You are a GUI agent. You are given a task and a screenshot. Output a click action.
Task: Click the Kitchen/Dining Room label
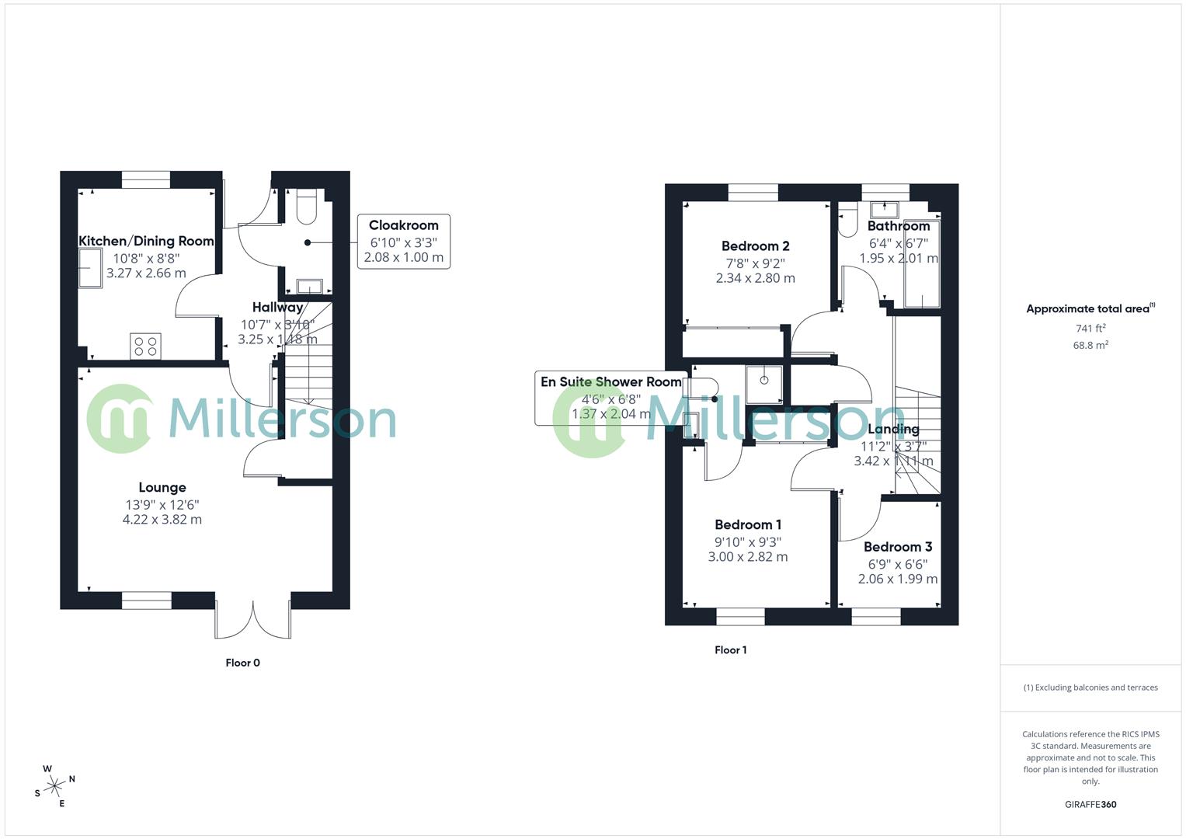point(146,241)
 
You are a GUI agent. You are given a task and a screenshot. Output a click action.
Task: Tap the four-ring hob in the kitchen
point(145,346)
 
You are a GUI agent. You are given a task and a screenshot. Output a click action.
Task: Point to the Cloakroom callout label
point(403,225)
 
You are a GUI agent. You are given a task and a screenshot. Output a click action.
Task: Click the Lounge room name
point(162,488)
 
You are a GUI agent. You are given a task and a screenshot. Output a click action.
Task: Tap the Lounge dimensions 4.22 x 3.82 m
point(162,520)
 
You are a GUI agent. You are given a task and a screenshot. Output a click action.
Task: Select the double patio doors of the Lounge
point(252,618)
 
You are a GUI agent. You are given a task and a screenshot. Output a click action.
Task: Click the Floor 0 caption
point(242,663)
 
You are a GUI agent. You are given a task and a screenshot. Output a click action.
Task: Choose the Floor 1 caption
point(730,650)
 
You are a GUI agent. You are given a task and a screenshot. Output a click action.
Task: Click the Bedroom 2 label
point(755,246)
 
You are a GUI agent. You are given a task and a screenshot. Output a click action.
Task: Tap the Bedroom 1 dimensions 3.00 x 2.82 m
point(748,557)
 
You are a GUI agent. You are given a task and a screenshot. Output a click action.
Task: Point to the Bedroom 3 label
point(897,547)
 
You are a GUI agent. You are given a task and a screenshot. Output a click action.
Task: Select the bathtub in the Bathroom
point(922,264)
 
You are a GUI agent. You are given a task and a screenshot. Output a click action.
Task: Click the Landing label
point(893,429)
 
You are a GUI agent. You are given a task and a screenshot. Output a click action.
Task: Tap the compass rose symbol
point(54,786)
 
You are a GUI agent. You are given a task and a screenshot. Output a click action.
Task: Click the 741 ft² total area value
point(1090,329)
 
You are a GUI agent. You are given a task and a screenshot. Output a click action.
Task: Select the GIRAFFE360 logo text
point(1090,805)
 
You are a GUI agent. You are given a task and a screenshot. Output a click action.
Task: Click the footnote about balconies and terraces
point(1090,688)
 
